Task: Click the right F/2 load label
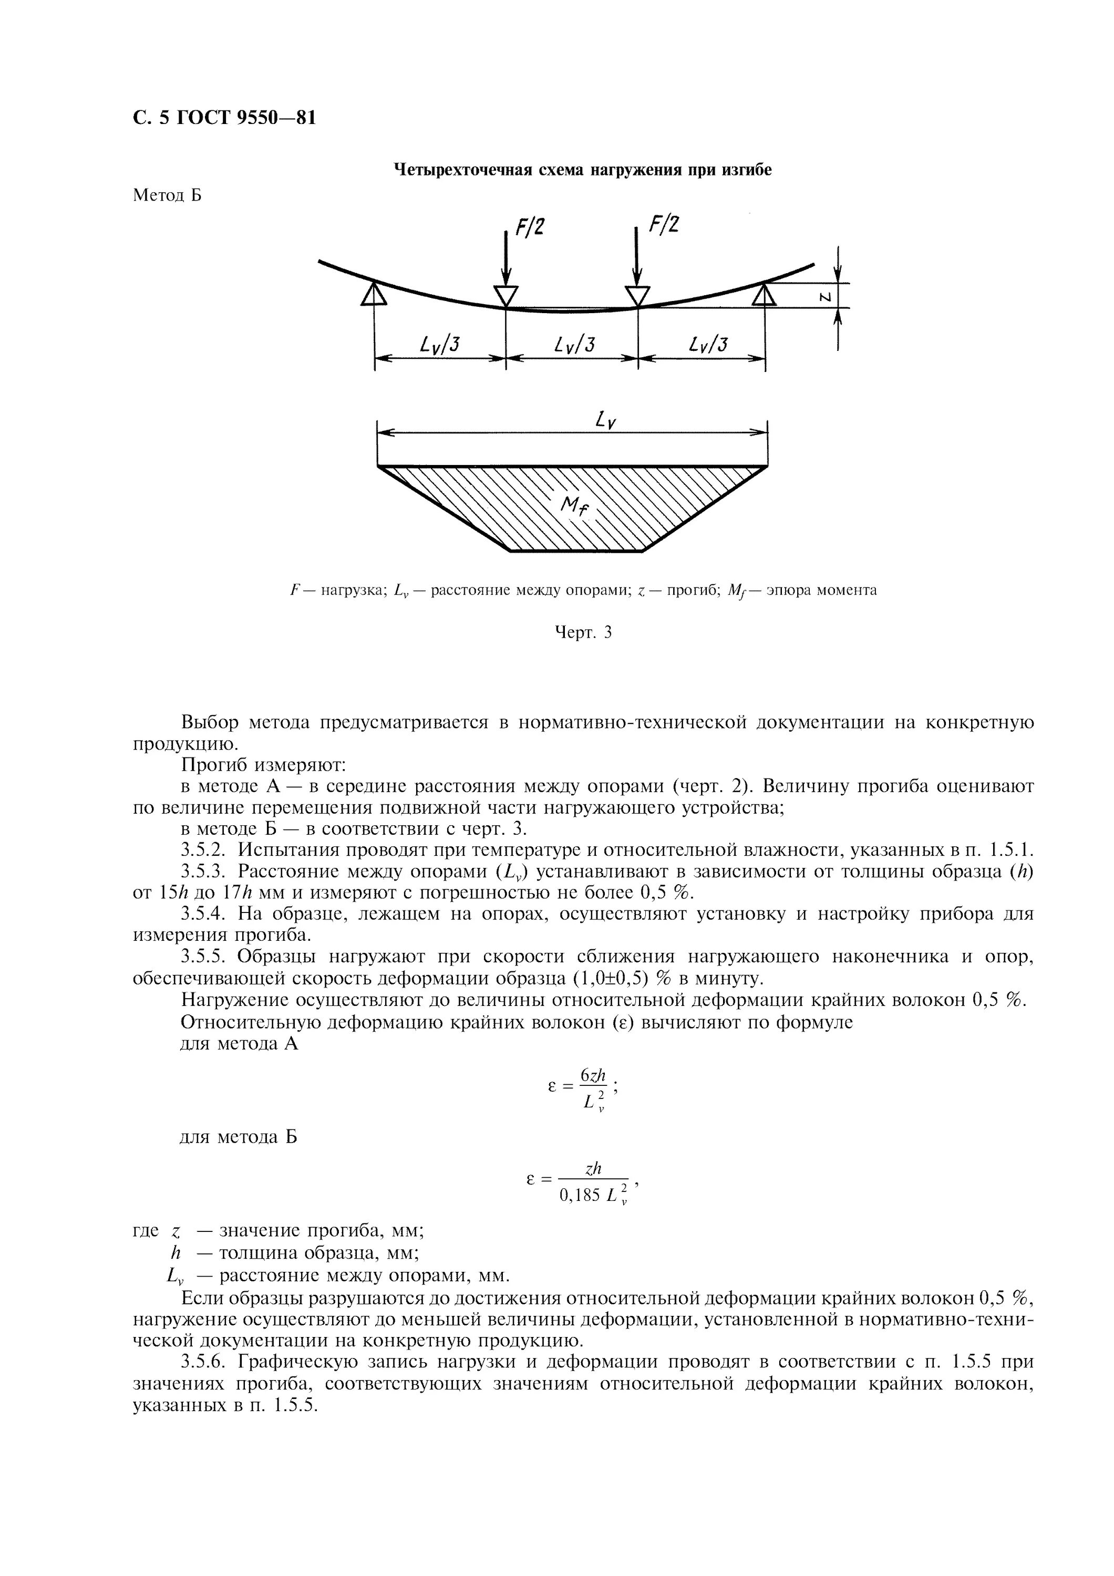click(x=664, y=224)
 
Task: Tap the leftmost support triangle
click(x=374, y=294)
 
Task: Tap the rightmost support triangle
click(x=764, y=295)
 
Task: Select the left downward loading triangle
click(x=506, y=296)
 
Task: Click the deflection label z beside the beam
click(x=827, y=296)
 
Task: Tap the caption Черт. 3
click(x=582, y=632)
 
